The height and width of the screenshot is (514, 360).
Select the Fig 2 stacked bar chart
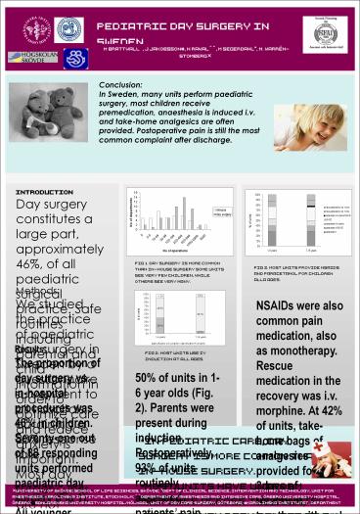(182, 323)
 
